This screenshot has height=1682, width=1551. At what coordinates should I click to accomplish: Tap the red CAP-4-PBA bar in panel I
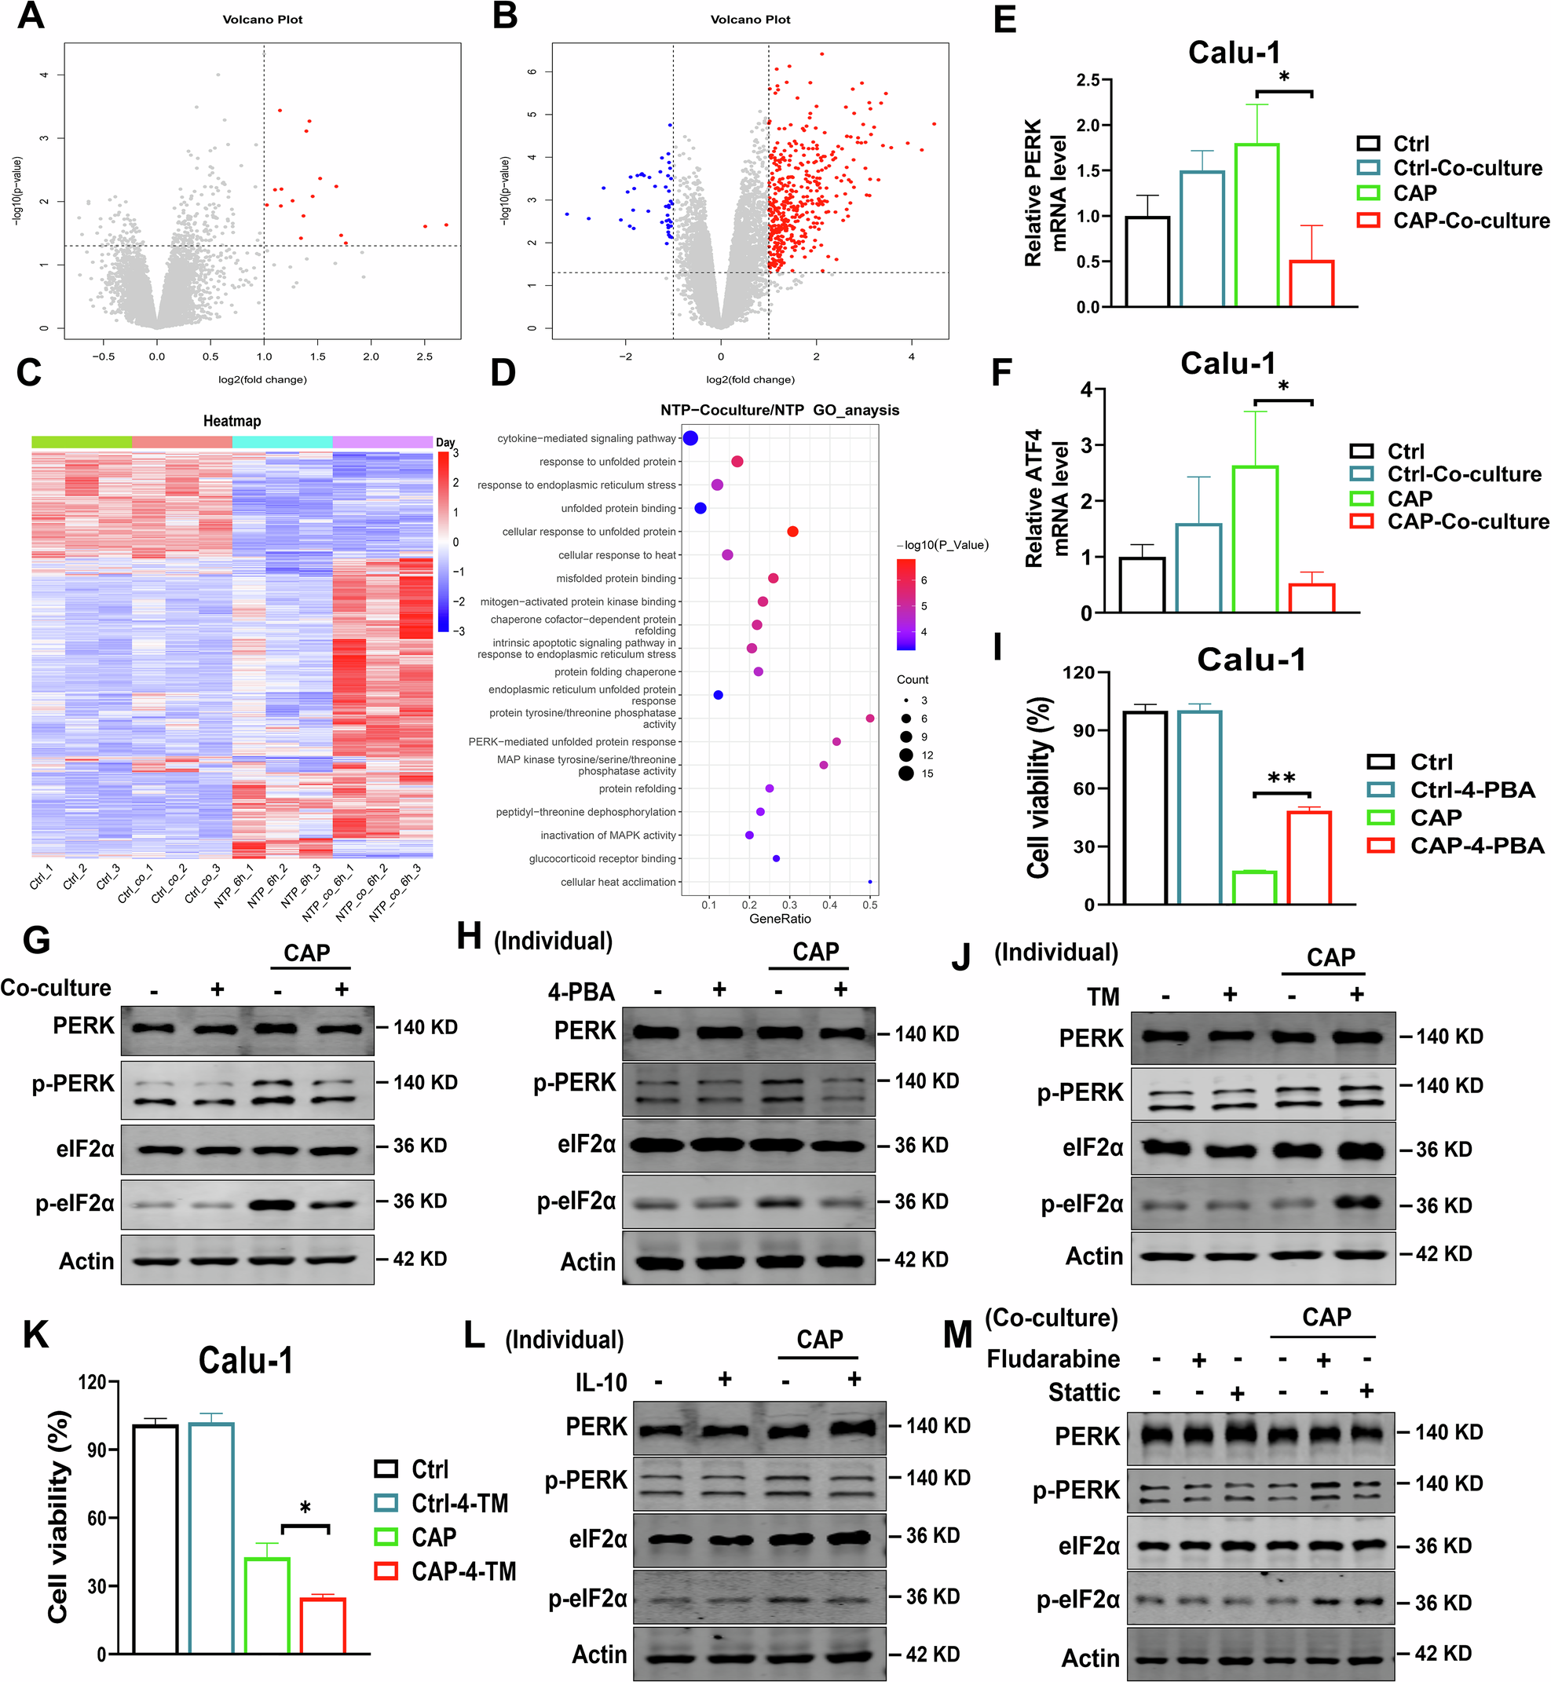1308,857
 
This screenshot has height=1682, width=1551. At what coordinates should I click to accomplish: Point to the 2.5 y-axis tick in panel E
1088,80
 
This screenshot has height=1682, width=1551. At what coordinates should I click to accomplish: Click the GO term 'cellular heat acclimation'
618,882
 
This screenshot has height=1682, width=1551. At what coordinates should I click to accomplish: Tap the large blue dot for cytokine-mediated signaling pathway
690,438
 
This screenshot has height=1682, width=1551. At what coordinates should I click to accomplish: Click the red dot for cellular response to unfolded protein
792,532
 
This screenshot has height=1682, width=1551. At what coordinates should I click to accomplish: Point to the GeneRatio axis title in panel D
780,918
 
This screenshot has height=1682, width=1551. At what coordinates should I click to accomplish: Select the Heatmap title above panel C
232,421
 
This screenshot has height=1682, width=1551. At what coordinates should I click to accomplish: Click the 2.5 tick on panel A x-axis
425,356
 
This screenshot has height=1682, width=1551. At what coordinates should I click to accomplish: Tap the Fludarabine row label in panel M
1052,1358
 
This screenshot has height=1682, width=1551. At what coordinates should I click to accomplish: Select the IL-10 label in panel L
601,1382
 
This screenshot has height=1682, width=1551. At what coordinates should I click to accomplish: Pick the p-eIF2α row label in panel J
1082,1205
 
